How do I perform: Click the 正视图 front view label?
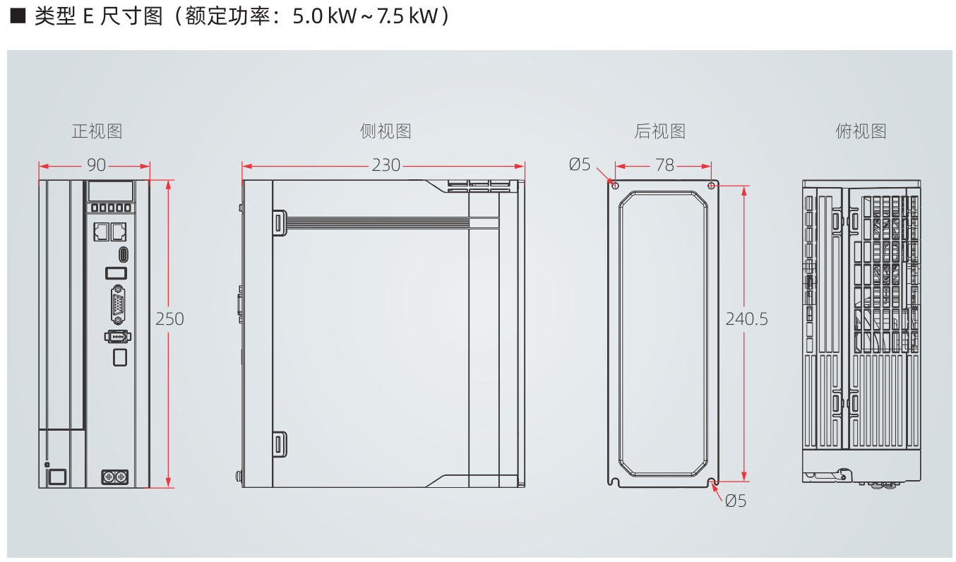point(97,131)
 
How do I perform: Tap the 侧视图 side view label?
point(385,131)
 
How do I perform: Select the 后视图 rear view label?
point(659,131)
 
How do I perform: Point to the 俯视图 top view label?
point(861,131)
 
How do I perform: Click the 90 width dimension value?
point(96,165)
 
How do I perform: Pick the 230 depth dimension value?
point(386,165)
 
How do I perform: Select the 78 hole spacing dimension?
point(664,165)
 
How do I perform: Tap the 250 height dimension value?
point(169,319)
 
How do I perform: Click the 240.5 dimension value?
point(746,319)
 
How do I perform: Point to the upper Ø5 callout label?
point(580,165)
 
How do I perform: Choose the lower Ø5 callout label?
point(735,501)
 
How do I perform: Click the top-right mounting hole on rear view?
point(711,186)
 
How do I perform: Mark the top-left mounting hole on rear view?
point(615,186)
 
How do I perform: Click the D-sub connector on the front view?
point(118,305)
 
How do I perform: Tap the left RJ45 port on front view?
point(100,231)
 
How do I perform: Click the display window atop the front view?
point(110,191)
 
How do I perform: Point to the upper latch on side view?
point(278,222)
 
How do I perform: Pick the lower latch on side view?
point(278,445)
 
